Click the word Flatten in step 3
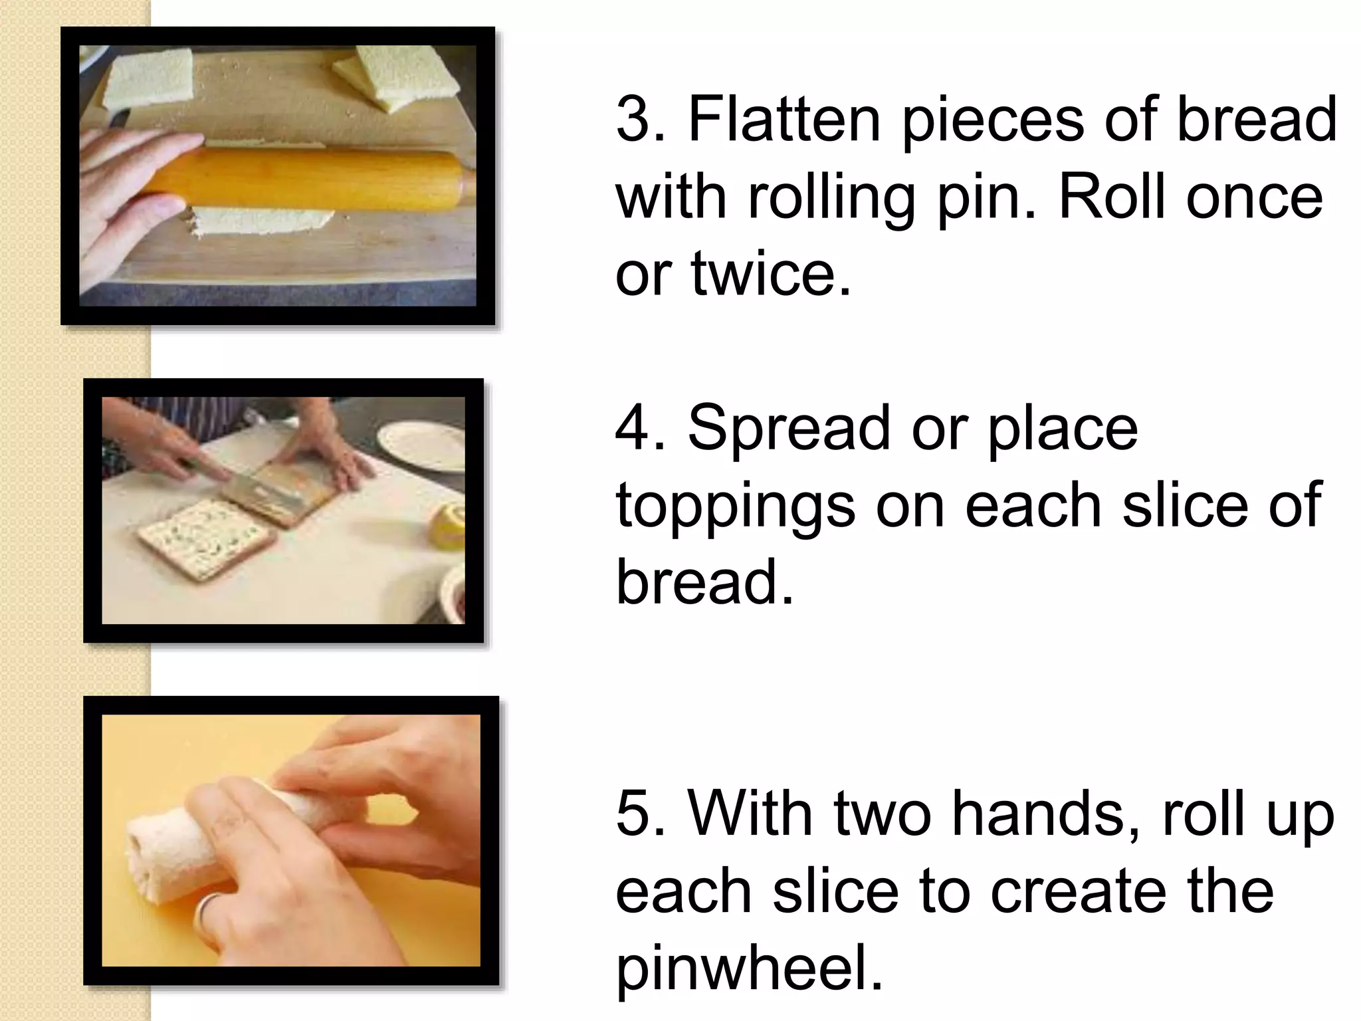tap(784, 120)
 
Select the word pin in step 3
tap(984, 197)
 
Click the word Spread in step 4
tap(788, 429)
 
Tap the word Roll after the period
tap(1110, 197)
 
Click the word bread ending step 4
tap(704, 582)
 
